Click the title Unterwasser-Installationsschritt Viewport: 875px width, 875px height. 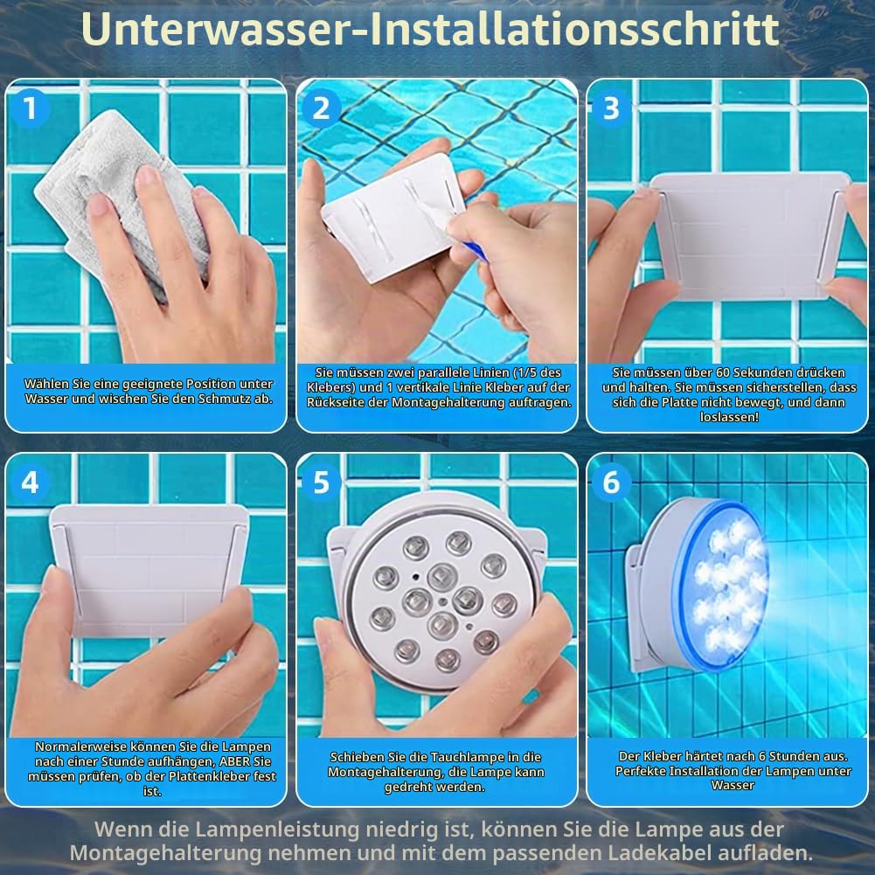(x=430, y=29)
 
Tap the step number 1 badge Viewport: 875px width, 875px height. (x=30, y=108)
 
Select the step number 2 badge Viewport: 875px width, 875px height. (x=321, y=108)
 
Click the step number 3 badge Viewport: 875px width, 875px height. (x=612, y=108)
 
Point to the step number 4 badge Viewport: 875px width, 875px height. (x=30, y=483)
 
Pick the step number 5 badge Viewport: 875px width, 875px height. (x=321, y=483)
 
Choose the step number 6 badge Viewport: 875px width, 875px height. (x=612, y=483)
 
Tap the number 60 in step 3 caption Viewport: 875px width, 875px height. (x=723, y=372)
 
